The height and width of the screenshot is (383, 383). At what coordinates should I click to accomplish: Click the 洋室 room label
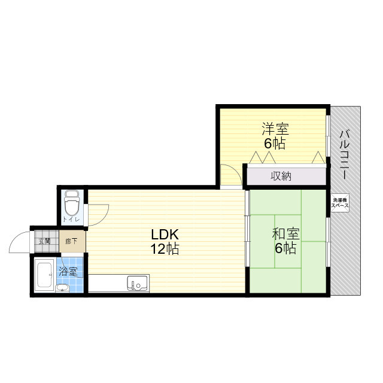(275, 129)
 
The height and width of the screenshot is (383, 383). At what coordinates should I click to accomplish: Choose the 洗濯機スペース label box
(340, 202)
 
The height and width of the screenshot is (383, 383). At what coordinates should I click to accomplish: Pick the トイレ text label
(72, 220)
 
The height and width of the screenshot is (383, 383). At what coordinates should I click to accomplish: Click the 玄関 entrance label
(45, 242)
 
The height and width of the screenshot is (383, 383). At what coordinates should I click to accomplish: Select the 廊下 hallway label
(71, 242)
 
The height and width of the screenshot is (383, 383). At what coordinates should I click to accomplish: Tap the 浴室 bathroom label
(68, 271)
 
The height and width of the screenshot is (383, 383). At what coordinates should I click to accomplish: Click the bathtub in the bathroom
(44, 276)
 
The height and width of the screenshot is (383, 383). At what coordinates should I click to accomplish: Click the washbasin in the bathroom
(62, 288)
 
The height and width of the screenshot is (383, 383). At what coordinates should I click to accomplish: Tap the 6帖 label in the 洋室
(275, 143)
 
